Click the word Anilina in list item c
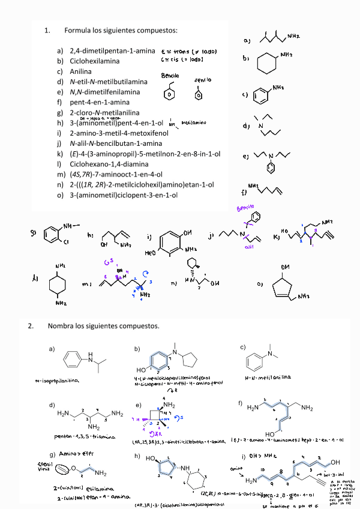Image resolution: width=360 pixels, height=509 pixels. (x=81, y=71)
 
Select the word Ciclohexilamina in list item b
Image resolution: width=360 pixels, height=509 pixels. (x=94, y=61)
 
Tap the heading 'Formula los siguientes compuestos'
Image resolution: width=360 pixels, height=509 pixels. (x=121, y=30)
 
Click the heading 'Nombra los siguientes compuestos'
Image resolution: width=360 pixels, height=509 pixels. (x=103, y=327)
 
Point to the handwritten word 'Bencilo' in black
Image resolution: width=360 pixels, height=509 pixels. (x=170, y=76)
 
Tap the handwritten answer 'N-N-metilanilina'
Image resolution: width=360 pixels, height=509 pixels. (x=268, y=376)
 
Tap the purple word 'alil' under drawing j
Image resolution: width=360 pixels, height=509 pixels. (x=251, y=246)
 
